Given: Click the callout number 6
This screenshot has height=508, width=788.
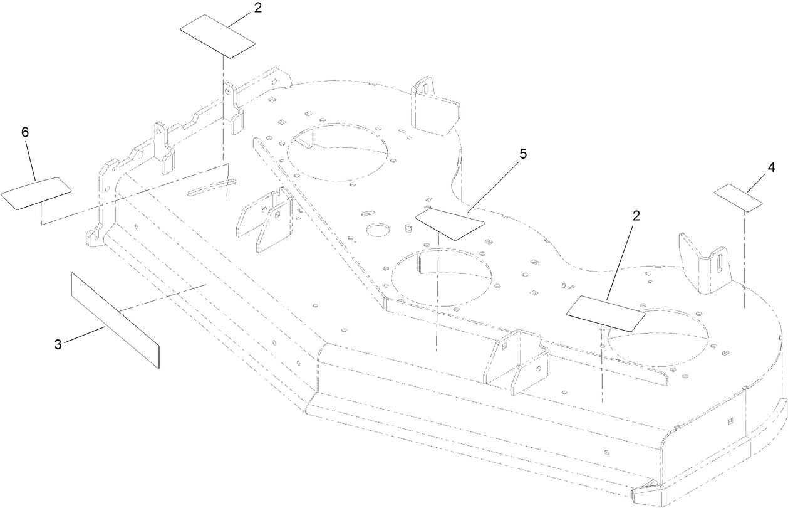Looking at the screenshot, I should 25,134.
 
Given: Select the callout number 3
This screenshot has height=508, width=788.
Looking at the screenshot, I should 58,344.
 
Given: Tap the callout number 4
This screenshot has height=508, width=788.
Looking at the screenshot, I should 771,168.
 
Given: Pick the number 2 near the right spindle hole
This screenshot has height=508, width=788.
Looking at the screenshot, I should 636,216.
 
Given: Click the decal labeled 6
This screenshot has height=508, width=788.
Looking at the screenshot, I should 36,193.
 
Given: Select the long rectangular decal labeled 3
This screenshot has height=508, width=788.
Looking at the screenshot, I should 115,320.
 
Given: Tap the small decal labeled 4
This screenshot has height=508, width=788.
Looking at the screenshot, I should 739,196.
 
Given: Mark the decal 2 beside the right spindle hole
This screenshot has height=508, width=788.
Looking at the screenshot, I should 605,311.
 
